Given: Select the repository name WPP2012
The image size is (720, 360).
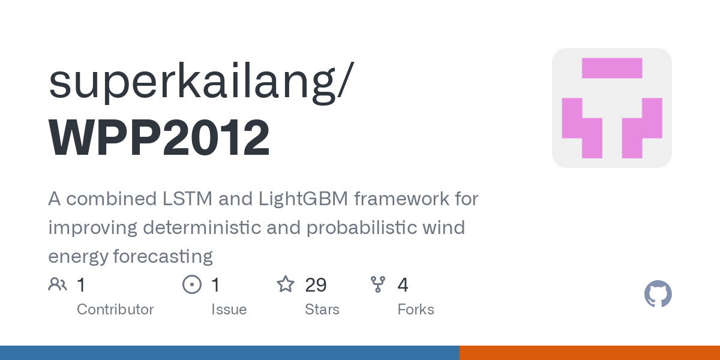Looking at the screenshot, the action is point(159,137).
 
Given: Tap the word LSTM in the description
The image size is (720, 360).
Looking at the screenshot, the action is point(187,199).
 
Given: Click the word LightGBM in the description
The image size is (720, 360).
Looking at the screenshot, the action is point(303,199).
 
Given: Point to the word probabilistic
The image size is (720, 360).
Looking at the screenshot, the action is point(361,228).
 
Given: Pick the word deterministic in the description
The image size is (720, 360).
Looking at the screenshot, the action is point(202,227).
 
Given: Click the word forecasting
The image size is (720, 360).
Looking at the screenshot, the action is point(163,257).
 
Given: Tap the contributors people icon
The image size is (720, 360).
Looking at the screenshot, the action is point(58,284).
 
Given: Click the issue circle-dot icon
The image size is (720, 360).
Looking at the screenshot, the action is point(192,284).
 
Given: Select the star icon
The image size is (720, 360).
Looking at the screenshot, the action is point(286,284).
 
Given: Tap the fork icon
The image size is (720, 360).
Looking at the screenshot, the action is point(377,284).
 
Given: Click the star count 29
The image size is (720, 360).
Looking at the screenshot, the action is point(316,285).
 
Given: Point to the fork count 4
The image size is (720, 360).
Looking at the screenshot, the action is point(403,285).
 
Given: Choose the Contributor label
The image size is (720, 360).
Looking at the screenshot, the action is point(115,310).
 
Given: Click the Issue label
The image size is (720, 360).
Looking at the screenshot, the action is point(229,310).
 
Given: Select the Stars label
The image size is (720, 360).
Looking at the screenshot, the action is point(322,310).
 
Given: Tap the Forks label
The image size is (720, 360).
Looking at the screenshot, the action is point(416,310).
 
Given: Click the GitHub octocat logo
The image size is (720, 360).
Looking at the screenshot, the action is point(658,294).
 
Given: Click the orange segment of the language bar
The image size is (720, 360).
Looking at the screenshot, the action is point(590,353).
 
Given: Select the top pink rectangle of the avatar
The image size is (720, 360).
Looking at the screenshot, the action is point(612,68).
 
